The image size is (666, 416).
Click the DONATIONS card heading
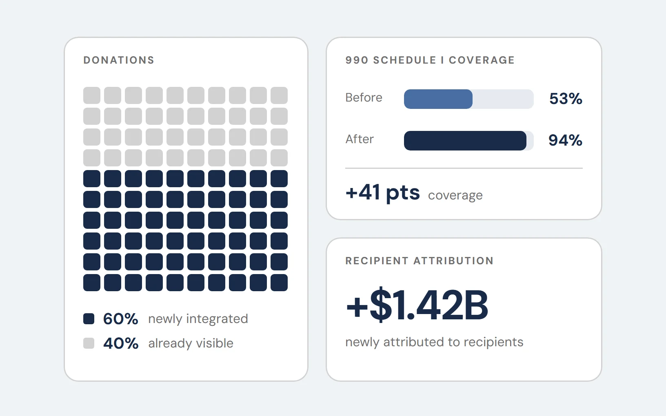119,60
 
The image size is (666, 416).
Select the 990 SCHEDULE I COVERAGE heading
430,60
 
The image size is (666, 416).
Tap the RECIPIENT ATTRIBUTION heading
419,261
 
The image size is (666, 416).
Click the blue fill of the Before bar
438,99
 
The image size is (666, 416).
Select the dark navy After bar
465,141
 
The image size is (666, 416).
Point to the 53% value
566,99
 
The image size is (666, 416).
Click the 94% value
565,140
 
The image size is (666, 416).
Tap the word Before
364,97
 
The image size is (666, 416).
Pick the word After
360,139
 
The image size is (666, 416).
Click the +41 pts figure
383,193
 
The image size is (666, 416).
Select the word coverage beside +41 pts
455,195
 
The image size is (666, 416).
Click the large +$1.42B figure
417,305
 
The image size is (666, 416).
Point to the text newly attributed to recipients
434,342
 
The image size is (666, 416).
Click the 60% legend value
121,319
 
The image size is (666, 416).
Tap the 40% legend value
121,343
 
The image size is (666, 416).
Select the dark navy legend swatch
89,319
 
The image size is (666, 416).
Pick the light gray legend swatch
89,343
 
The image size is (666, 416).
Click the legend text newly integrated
198,319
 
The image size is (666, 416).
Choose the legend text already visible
191,343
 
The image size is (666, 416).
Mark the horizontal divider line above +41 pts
464,168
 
